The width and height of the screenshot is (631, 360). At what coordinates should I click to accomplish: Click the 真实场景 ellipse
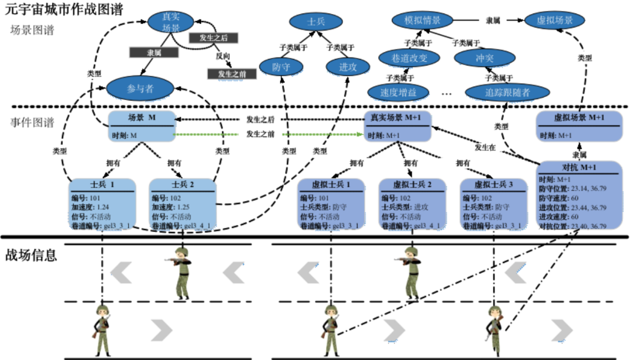click(171, 22)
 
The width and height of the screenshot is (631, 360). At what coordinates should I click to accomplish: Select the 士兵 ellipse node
click(315, 22)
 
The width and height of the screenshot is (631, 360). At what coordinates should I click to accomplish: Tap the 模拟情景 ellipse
click(422, 20)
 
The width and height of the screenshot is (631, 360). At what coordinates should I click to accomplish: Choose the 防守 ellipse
click(282, 67)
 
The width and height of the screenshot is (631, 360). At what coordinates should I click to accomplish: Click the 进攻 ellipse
click(348, 67)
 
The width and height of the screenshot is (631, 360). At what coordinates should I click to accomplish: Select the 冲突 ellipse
click(484, 58)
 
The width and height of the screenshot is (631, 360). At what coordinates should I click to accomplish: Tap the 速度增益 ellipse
click(397, 92)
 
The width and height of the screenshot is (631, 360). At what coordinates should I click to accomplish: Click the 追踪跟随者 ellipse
click(507, 92)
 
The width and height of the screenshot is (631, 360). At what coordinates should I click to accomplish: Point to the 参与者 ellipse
click(140, 89)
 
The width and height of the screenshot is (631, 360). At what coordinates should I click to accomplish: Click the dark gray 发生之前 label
click(231, 74)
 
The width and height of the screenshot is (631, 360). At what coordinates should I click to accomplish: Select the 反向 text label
click(223, 56)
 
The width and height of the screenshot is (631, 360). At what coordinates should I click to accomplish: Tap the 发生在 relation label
click(485, 147)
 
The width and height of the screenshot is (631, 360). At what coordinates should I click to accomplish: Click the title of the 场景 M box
click(141, 117)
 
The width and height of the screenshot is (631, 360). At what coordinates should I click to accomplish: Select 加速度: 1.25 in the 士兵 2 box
click(171, 207)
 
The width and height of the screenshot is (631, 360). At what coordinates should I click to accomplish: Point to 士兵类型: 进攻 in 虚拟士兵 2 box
click(405, 207)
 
